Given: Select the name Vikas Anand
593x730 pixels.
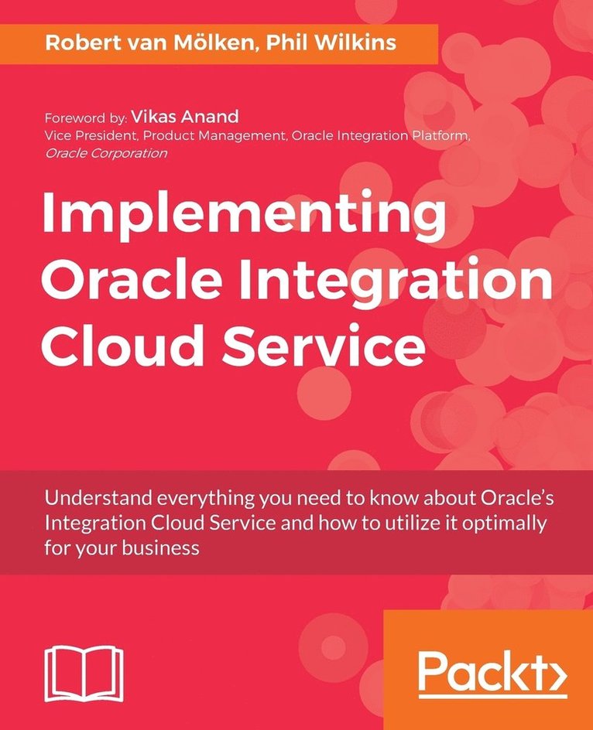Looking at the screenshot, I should (185, 117).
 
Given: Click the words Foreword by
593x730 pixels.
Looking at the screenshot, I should (85, 118).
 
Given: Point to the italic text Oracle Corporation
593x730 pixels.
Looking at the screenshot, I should (106, 153).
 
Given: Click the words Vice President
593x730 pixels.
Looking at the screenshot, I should (86, 136).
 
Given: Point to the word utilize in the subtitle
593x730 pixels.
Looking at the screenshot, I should (399, 523).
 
